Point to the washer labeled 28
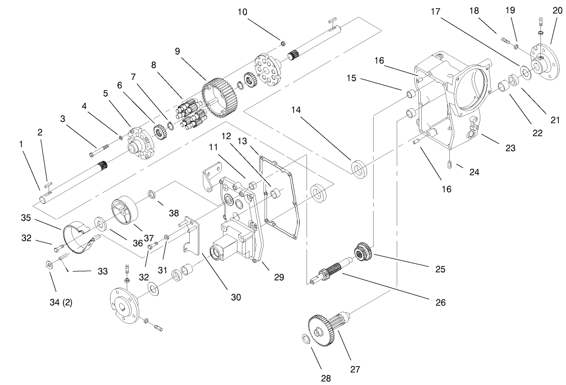click(x=305, y=339)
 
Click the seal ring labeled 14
click(x=359, y=168)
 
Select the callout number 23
click(x=510, y=148)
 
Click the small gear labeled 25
click(x=363, y=251)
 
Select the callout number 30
click(x=235, y=297)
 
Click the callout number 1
click(x=22, y=144)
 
